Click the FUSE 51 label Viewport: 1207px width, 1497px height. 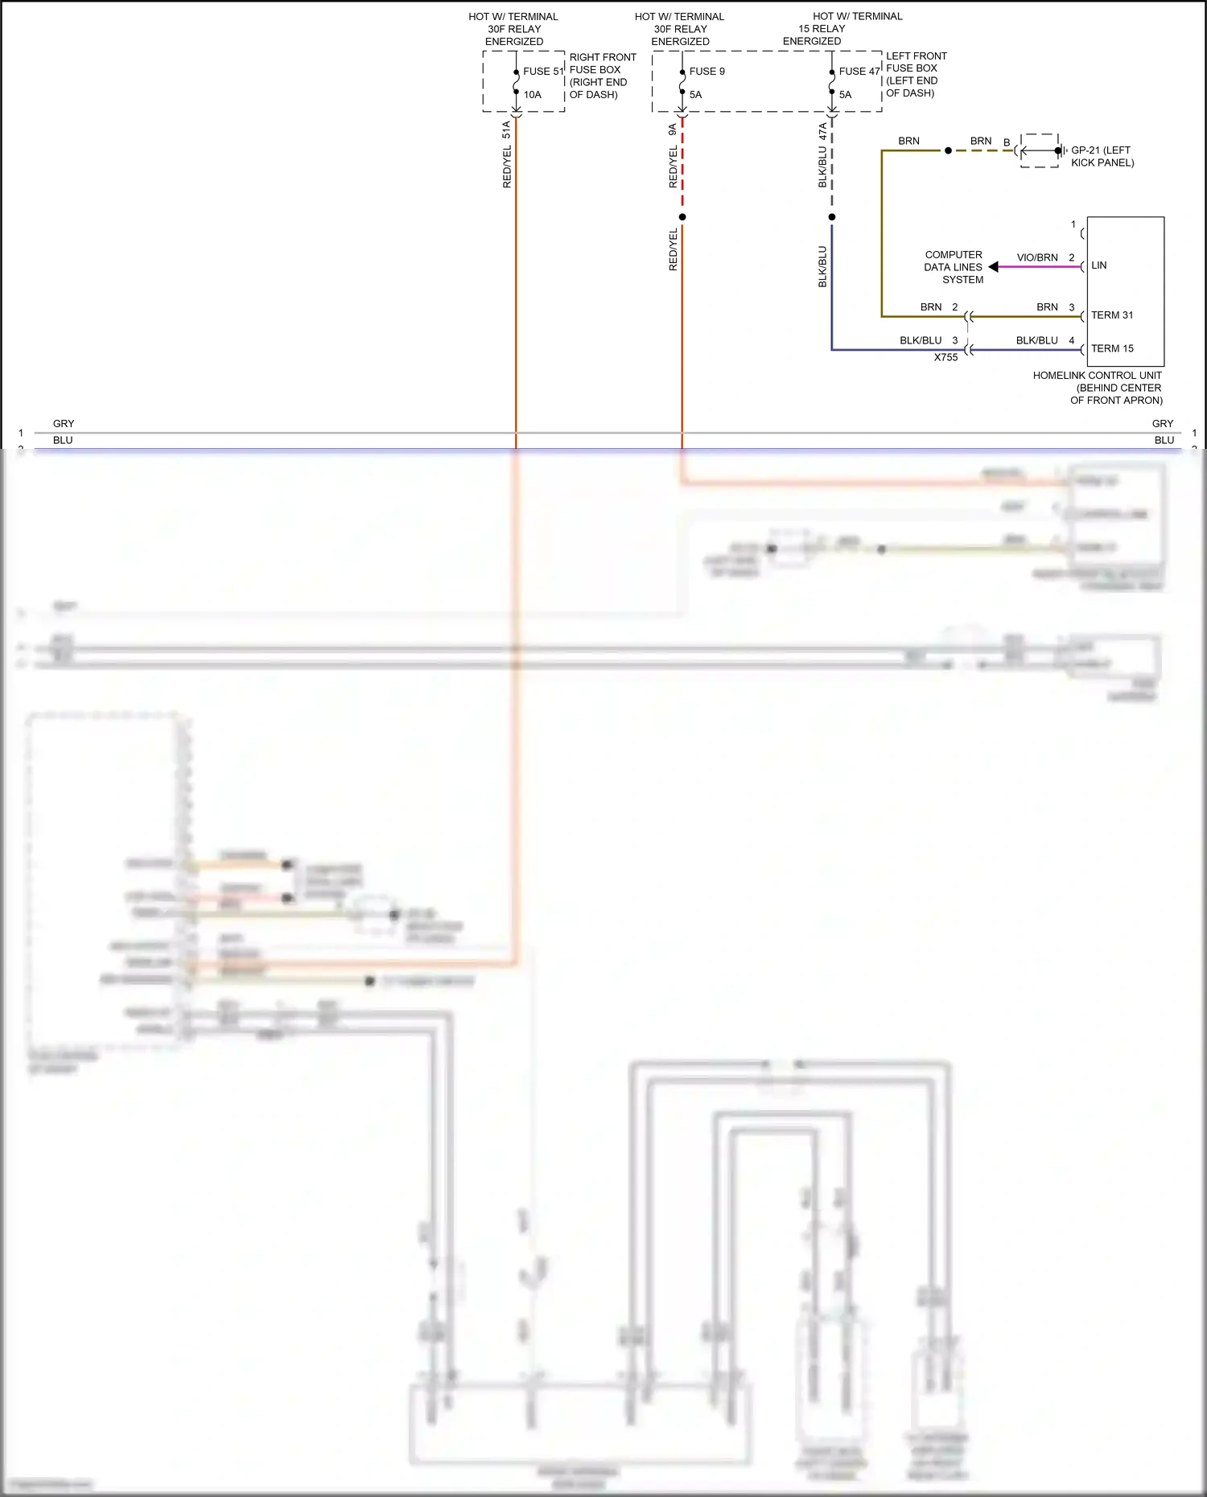point(542,72)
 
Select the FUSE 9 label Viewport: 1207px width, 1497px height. point(706,72)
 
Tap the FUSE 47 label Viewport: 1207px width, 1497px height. point(859,72)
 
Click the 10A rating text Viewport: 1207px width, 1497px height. point(533,95)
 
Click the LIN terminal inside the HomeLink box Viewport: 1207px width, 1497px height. point(1099,265)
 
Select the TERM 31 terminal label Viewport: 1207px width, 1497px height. point(1112,315)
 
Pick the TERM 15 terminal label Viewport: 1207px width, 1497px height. point(1112,349)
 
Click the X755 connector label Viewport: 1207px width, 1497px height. point(945,358)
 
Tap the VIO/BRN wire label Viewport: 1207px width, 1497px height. point(1037,258)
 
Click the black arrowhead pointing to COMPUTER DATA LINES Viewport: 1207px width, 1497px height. point(994,267)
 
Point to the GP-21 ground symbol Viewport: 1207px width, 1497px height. point(1059,150)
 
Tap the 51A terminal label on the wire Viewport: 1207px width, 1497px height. point(506,130)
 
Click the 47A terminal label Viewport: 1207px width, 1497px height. point(822,132)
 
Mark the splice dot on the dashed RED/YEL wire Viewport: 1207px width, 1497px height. point(682,217)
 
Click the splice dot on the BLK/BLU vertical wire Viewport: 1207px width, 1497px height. point(832,217)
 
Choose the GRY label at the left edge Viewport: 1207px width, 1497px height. point(64,424)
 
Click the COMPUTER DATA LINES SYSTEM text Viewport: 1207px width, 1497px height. point(954,267)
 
